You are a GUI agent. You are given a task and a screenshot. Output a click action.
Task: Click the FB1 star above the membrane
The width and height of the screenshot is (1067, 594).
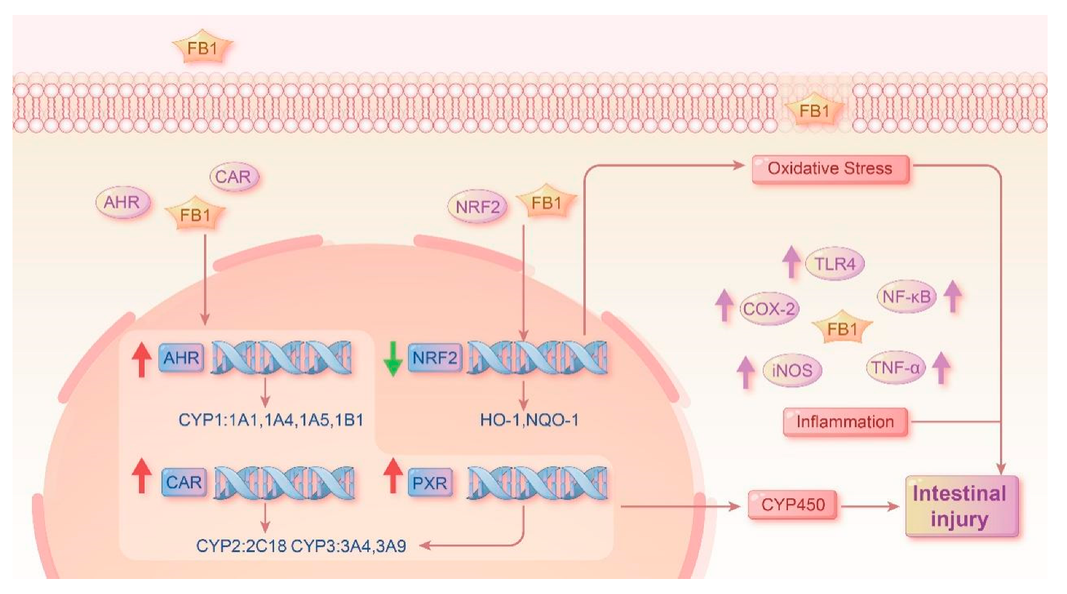pyautogui.click(x=202, y=48)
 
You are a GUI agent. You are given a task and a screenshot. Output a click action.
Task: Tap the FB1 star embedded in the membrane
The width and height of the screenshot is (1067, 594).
pyautogui.click(x=814, y=111)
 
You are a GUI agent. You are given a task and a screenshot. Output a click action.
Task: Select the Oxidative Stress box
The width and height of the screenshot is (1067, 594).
pyautogui.click(x=830, y=169)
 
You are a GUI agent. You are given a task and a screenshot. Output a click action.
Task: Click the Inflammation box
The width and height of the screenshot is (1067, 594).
pyautogui.click(x=845, y=422)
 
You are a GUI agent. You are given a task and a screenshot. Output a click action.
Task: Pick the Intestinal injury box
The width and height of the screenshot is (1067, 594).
pyautogui.click(x=960, y=506)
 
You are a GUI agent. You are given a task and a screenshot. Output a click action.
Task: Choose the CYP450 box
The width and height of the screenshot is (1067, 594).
pyautogui.click(x=792, y=505)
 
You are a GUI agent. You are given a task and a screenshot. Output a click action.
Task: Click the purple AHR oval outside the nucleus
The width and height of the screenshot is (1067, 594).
pyautogui.click(x=122, y=202)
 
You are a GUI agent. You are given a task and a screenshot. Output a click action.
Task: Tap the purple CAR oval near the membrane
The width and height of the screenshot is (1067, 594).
pyautogui.click(x=233, y=177)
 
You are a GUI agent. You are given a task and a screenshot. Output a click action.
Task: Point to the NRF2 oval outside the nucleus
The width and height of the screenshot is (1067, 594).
pyautogui.click(x=477, y=207)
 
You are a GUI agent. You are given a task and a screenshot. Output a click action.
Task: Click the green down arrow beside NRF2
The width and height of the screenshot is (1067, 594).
pyautogui.click(x=392, y=358)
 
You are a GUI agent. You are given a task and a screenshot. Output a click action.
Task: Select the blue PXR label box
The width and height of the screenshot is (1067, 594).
pyautogui.click(x=430, y=483)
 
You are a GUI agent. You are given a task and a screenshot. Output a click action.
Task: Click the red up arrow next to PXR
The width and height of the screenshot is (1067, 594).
pyautogui.click(x=392, y=475)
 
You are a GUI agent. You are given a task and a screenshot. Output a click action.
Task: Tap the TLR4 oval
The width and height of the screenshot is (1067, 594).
pyautogui.click(x=834, y=264)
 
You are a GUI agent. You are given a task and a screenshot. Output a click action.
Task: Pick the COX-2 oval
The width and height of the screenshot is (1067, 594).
pyautogui.click(x=769, y=309)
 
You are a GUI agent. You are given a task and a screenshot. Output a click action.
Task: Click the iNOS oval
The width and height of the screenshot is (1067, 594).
pyautogui.click(x=792, y=370)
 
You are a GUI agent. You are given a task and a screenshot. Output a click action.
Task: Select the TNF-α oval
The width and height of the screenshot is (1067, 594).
pyautogui.click(x=896, y=368)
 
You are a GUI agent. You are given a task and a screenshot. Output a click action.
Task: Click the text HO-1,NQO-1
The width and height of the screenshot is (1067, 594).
pyautogui.click(x=529, y=420)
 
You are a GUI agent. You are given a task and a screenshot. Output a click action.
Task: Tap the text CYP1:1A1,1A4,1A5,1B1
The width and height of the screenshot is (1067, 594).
pyautogui.click(x=270, y=420)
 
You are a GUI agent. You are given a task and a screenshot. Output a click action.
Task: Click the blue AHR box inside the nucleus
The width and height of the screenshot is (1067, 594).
pyautogui.click(x=181, y=358)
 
